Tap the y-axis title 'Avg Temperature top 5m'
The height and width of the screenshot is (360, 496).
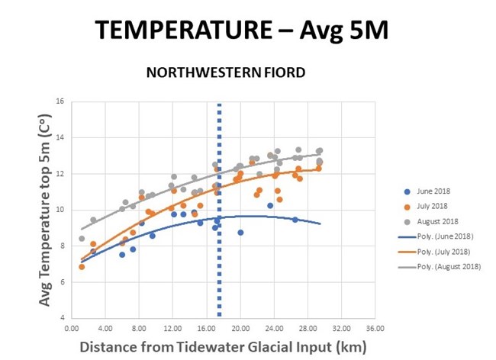pyautogui.click(x=45, y=211)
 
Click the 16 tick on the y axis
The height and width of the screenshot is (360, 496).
pyautogui.click(x=60, y=101)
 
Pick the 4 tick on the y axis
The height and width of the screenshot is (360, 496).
pyautogui.click(x=62, y=318)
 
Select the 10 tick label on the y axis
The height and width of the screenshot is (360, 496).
pyautogui.click(x=60, y=210)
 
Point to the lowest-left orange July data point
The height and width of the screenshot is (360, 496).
pyautogui.click(x=82, y=267)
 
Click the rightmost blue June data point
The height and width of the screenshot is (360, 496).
pyautogui.click(x=295, y=220)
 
